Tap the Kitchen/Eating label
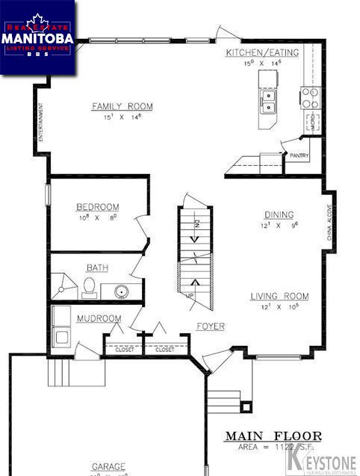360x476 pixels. [x=262, y=52]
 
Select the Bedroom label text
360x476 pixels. [x=97, y=207]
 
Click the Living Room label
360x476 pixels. [x=279, y=297]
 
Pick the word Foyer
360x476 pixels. [x=211, y=327]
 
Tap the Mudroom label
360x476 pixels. [x=99, y=319]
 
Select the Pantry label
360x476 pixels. [x=300, y=156]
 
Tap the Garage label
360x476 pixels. [x=108, y=466]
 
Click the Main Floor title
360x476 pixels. [x=274, y=436]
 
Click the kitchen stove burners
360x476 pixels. [x=310, y=96]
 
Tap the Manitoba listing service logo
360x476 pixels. [x=37, y=37]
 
